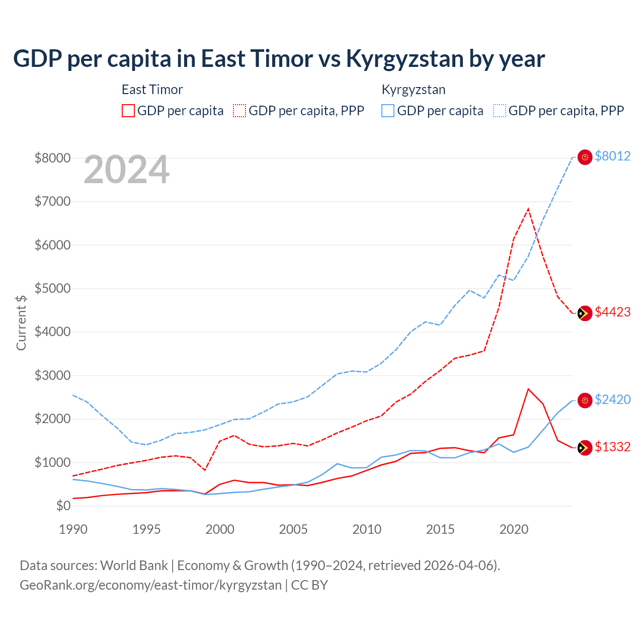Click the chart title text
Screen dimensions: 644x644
coord(279,59)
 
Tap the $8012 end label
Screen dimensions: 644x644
coord(612,156)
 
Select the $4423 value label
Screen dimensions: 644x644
coord(612,312)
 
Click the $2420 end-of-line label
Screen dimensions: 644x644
coord(612,399)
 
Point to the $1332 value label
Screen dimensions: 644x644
coord(612,447)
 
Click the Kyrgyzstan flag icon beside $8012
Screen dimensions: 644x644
coord(585,157)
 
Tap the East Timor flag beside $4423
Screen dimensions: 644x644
coord(585,313)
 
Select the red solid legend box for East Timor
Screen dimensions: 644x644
coord(128,111)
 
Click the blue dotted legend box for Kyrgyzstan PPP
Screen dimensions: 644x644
coord(500,111)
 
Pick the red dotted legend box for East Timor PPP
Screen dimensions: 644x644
coord(239,111)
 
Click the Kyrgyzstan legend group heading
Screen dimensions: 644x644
coord(413,90)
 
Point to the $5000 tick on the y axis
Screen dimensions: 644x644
coord(52,288)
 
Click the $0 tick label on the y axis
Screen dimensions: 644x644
coord(63,506)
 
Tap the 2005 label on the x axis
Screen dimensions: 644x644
coord(293,529)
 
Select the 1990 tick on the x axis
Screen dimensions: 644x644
coord(73,529)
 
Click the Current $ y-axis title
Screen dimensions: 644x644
coord(21,323)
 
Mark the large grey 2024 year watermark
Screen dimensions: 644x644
coord(126,170)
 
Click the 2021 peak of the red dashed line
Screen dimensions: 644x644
coord(528,208)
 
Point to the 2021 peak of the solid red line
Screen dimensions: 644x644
coord(528,389)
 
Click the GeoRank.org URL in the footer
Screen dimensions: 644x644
coord(150,585)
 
